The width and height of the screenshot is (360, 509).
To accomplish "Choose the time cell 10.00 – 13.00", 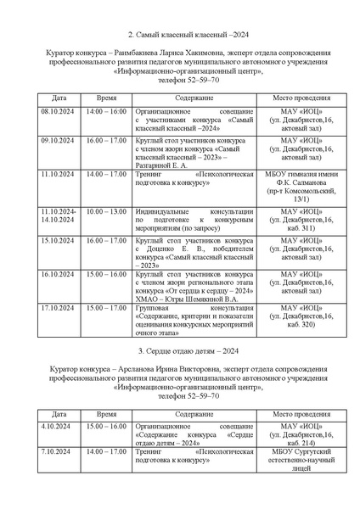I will (x=106, y=211).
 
